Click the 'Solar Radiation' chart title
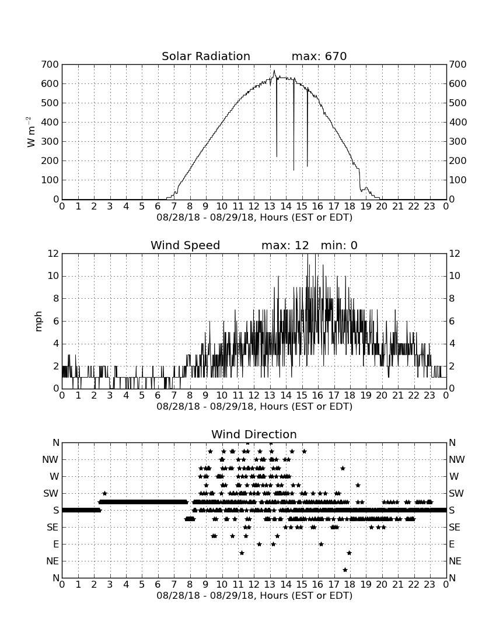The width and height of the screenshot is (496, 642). (206, 56)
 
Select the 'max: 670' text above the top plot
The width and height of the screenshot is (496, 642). (319, 56)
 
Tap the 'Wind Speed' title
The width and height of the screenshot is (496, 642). (186, 245)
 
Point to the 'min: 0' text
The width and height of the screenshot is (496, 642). (339, 245)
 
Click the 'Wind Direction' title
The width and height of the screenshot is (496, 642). (254, 434)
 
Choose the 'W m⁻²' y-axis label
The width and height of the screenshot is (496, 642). (31, 131)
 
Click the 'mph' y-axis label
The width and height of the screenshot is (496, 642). (39, 322)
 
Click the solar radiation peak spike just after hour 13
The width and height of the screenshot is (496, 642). (274, 71)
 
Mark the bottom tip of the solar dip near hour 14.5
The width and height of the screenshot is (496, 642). (294, 170)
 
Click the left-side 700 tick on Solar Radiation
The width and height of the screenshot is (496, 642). (50, 64)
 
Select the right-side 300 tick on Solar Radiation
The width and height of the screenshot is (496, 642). (457, 141)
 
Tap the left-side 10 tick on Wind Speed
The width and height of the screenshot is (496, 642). (53, 276)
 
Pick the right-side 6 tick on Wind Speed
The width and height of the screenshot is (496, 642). (452, 321)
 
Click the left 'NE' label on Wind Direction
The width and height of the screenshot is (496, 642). (53, 561)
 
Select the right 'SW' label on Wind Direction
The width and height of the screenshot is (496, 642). (456, 493)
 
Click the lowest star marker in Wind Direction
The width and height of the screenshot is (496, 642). (345, 570)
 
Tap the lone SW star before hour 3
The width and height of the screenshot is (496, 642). (105, 493)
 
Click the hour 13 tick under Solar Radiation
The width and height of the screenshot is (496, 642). (270, 206)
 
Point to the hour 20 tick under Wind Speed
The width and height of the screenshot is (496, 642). (382, 395)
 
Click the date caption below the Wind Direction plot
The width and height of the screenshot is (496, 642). (254, 595)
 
